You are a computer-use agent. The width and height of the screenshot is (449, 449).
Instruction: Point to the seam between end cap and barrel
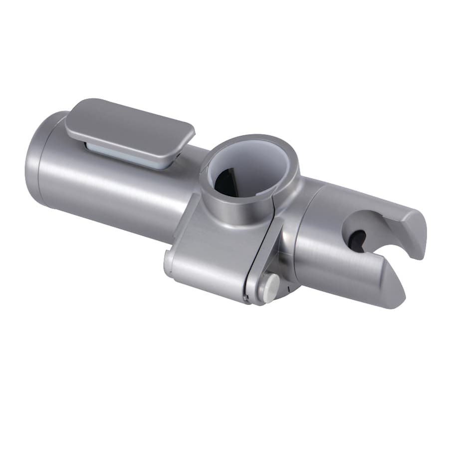pyautogui.click(x=54, y=165)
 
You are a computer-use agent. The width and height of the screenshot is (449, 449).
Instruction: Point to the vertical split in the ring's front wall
pyautogui.click(x=272, y=220)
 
